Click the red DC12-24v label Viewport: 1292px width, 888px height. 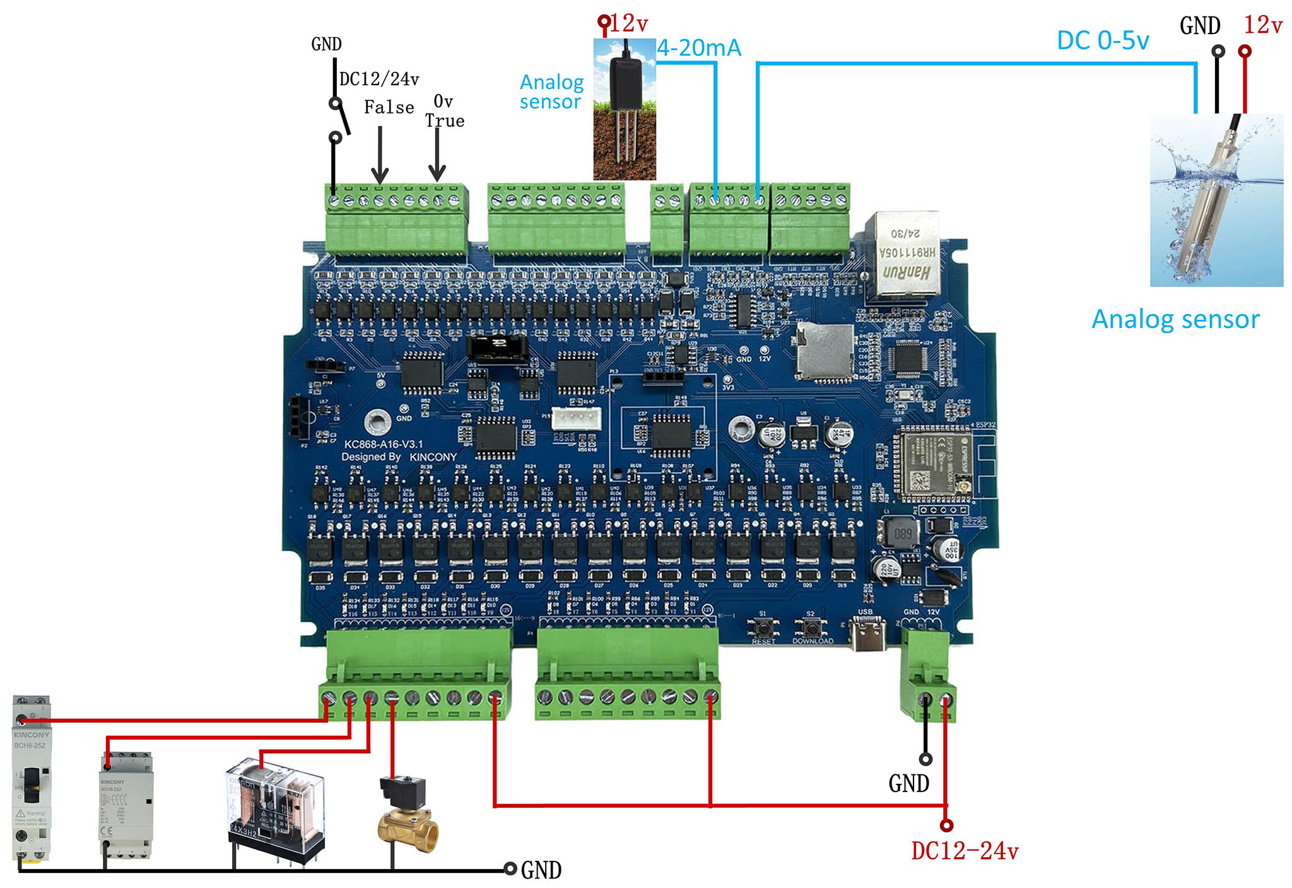965,851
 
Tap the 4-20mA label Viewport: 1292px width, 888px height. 699,48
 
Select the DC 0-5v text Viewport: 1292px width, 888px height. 1103,40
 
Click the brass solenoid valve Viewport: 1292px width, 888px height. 408,817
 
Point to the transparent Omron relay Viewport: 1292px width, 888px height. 276,807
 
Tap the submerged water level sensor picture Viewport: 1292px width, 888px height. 1216,200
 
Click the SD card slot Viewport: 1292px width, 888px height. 825,354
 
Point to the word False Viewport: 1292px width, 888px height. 389,107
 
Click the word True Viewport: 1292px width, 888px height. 445,120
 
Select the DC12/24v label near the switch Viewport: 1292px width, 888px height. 379,79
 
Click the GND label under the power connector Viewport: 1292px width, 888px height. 908,783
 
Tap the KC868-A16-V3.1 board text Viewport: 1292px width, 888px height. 383,444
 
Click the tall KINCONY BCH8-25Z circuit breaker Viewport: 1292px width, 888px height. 31,779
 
